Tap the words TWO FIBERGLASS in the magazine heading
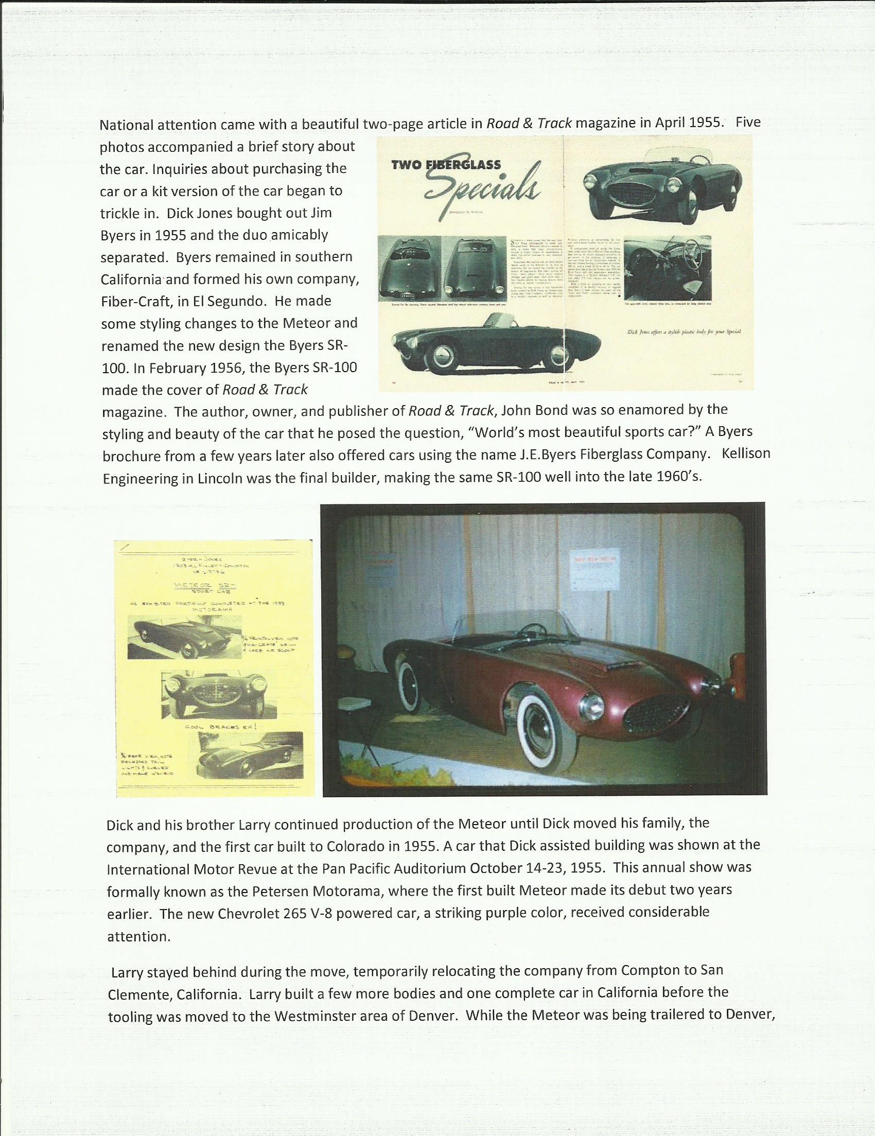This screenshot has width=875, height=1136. click(x=446, y=165)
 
